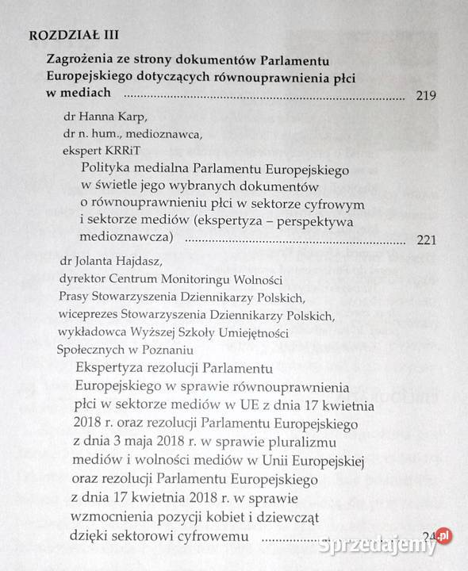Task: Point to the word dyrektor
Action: (x=82, y=278)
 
